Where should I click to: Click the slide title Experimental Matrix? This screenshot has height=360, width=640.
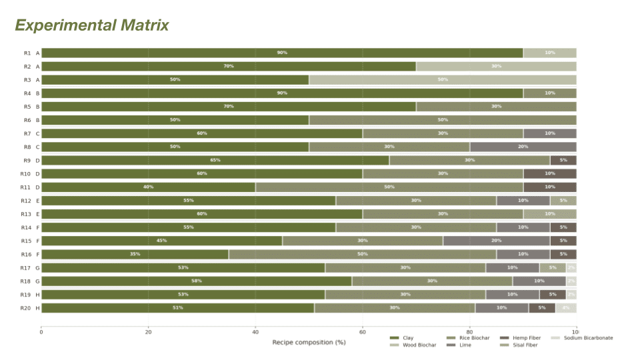(x=92, y=25)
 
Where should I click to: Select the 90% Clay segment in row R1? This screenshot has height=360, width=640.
(x=282, y=53)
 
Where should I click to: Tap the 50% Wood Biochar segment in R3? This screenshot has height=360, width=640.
(x=443, y=79)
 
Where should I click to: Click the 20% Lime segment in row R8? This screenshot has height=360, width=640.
(x=523, y=147)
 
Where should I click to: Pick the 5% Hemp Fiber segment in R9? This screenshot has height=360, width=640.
(x=563, y=160)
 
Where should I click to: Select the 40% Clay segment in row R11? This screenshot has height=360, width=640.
(x=148, y=187)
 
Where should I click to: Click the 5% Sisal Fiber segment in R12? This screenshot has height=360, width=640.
(x=563, y=201)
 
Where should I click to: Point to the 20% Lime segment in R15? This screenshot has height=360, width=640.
(x=496, y=241)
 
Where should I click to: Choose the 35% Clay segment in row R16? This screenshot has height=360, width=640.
(x=135, y=254)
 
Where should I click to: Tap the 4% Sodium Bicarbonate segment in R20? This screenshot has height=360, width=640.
(x=566, y=308)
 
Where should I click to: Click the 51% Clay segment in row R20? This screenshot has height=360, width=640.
(x=177, y=308)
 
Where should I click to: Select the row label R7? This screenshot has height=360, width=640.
(x=27, y=133)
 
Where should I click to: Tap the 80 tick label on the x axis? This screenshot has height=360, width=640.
(x=469, y=332)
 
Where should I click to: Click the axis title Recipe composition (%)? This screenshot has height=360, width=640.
(x=309, y=343)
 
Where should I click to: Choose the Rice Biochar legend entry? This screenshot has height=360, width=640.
(x=473, y=338)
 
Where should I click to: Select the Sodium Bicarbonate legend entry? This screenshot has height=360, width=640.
(x=587, y=338)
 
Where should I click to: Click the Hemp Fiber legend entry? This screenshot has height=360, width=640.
(x=526, y=338)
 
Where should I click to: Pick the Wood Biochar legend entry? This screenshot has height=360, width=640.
(x=419, y=345)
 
